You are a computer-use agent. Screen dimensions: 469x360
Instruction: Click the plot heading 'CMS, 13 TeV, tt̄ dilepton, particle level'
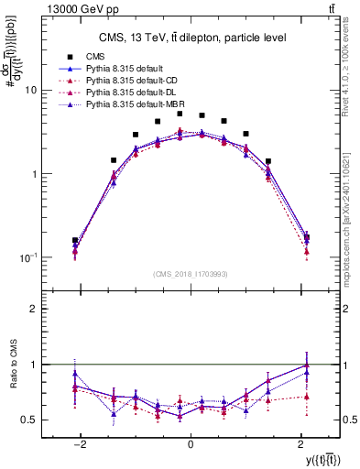tap(190, 38)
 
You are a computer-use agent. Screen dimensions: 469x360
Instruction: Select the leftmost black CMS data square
tap(75, 240)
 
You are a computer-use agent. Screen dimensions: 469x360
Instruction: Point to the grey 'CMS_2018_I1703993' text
tap(190, 273)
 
